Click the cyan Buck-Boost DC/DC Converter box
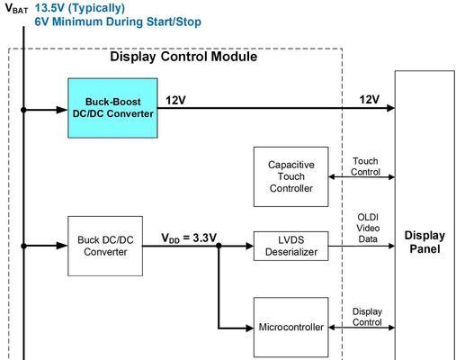(112, 108)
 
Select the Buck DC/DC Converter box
(105, 246)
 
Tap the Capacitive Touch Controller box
(291, 176)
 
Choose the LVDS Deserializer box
(291, 246)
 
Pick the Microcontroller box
(291, 328)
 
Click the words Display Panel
(425, 242)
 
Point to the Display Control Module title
(183, 57)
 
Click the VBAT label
(16, 9)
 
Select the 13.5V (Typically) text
(80, 8)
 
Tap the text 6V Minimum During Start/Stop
(118, 22)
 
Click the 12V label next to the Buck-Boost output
(175, 100)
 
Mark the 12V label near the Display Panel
(370, 100)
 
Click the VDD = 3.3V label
(189, 238)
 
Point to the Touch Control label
(365, 166)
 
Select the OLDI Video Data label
(368, 229)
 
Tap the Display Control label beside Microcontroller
(367, 317)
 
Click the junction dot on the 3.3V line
(219, 246)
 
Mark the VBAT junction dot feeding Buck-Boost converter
(23, 110)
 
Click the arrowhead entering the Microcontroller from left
(249, 328)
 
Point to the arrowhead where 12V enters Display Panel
(390, 108)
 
